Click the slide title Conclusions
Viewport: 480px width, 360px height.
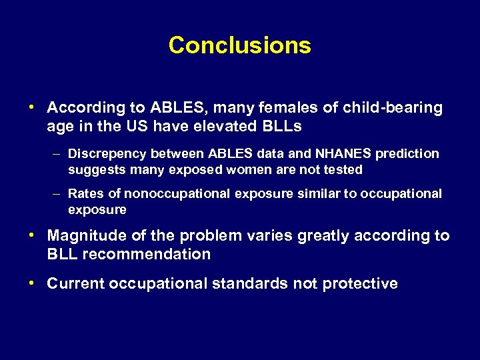tap(239, 45)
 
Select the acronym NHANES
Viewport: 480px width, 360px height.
tap(335, 154)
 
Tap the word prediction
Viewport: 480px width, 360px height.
tap(407, 154)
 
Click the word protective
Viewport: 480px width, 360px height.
tap(360, 284)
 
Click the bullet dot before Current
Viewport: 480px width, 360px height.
tap(32, 283)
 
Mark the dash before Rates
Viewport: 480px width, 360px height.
tap(58, 194)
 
